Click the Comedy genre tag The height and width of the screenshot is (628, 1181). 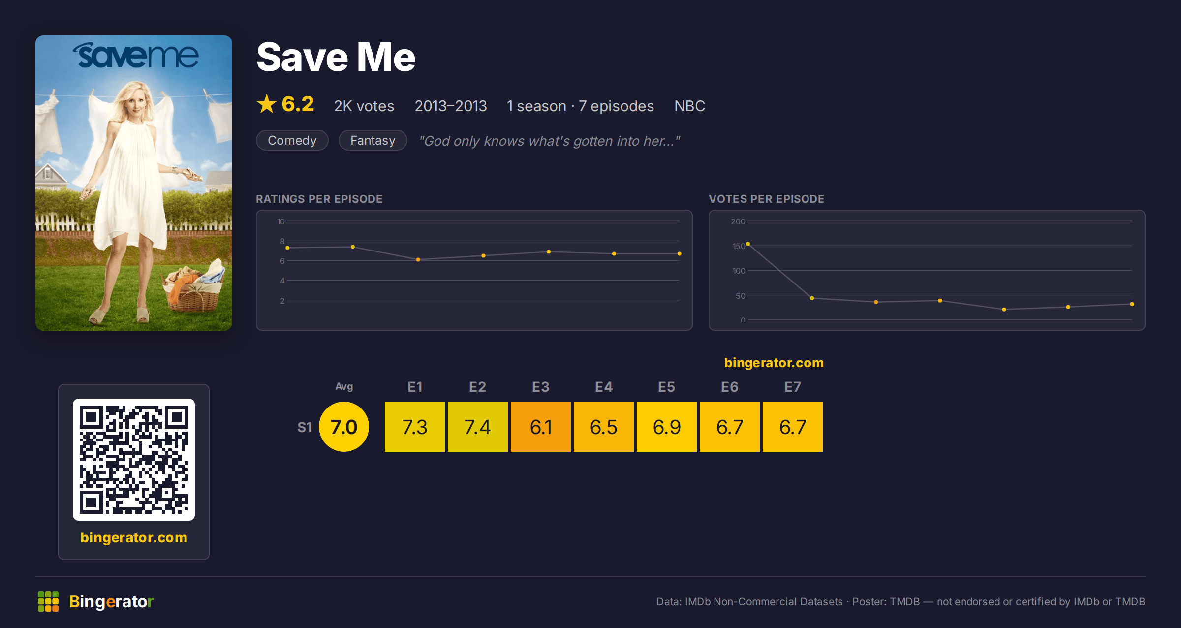pyautogui.click(x=292, y=140)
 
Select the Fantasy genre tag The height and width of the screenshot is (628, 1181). pyautogui.click(x=373, y=140)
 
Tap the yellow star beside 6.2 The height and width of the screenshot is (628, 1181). pyautogui.click(x=267, y=104)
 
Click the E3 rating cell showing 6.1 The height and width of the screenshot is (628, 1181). pyautogui.click(x=541, y=427)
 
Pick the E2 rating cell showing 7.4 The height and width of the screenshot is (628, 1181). pyautogui.click(x=478, y=427)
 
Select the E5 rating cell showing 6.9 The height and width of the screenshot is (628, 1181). pyautogui.click(x=667, y=427)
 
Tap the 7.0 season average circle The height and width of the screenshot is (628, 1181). pyautogui.click(x=344, y=427)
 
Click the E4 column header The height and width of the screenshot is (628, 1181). pyautogui.click(x=604, y=387)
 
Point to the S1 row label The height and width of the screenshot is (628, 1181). pyautogui.click(x=305, y=427)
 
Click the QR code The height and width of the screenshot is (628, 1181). pyautogui.click(x=134, y=460)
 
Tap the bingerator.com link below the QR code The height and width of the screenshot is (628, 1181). pyautogui.click(x=134, y=537)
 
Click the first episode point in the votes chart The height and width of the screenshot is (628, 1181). pyautogui.click(x=748, y=244)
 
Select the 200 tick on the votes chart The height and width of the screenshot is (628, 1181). pyautogui.click(x=738, y=221)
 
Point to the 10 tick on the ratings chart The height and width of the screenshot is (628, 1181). pyautogui.click(x=281, y=221)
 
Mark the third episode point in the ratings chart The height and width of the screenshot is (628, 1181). pyautogui.click(x=418, y=259)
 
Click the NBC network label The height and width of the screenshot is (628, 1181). pyautogui.click(x=690, y=106)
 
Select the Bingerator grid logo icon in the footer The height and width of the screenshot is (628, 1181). pyautogui.click(x=48, y=601)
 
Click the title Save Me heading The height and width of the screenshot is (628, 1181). pyautogui.click(x=336, y=57)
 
